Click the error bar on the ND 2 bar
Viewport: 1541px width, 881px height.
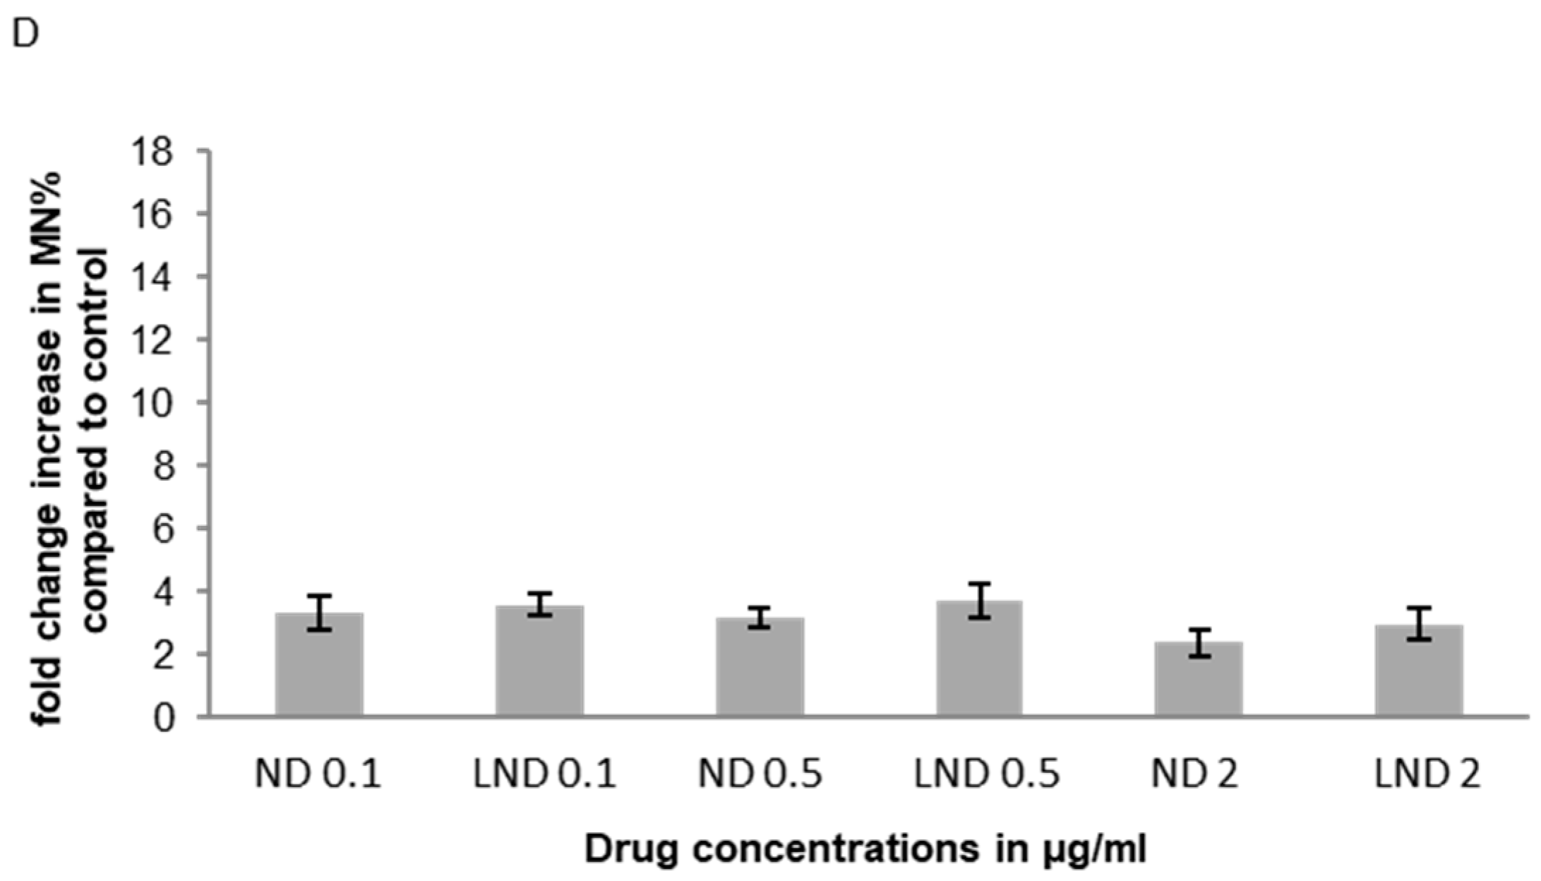pos(1199,642)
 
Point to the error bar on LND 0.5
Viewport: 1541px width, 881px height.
pos(979,601)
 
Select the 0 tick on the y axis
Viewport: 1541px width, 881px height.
pos(164,719)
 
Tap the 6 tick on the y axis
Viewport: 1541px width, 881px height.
pos(164,529)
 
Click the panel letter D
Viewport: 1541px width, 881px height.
pos(26,34)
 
